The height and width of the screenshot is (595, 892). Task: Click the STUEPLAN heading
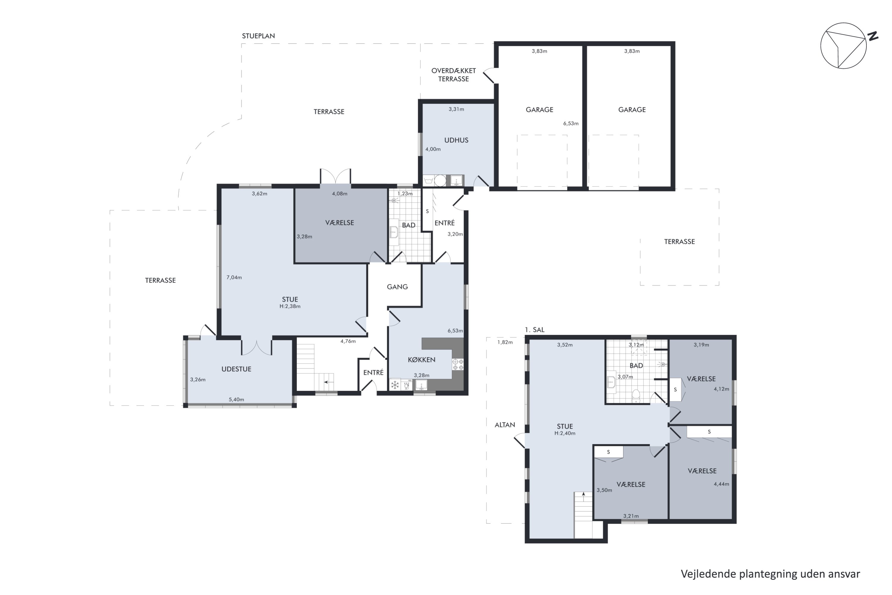tap(258, 36)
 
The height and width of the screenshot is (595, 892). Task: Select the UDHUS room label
tap(456, 140)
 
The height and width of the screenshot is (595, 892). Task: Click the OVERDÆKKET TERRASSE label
tap(454, 75)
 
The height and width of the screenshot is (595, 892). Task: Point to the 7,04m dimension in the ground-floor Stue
tap(234, 277)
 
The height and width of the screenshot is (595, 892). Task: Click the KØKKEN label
tap(421, 360)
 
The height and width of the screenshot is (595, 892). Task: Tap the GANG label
tap(397, 287)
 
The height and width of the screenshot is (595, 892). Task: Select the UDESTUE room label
tap(236, 369)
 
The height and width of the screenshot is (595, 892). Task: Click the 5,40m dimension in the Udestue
tap(236, 400)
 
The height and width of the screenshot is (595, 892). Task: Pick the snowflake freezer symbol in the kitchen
tap(395, 385)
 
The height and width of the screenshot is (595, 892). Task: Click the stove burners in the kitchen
tap(458, 364)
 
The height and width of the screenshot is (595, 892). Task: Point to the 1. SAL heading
tap(534, 330)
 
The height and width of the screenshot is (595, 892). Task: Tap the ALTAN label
tap(505, 425)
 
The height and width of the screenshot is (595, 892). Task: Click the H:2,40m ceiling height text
tap(565, 433)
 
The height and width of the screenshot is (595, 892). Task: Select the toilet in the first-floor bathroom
tap(636, 395)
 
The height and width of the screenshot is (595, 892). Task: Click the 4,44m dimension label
tap(721, 484)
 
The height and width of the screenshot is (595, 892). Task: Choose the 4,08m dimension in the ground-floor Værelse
tap(340, 194)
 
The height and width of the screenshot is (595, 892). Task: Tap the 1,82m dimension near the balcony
tap(505, 342)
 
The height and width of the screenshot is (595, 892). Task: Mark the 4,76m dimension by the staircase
tap(348, 341)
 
